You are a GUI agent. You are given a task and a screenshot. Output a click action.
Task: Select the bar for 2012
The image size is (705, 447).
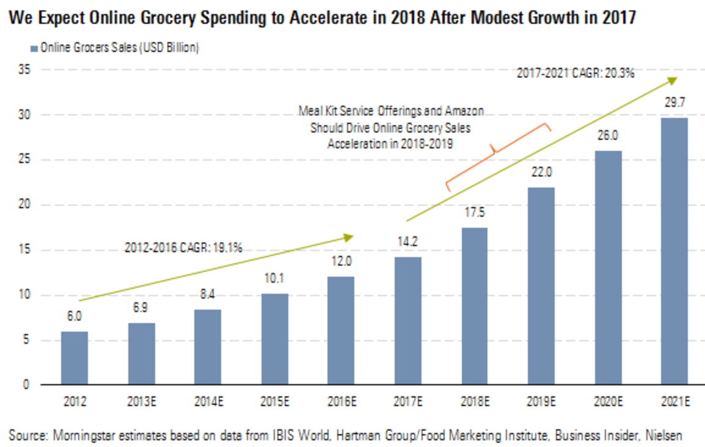click(x=75, y=358)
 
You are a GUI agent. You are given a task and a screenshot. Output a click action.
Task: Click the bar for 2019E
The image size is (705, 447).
click(x=541, y=286)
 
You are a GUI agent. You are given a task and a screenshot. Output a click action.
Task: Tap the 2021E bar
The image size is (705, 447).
click(x=674, y=251)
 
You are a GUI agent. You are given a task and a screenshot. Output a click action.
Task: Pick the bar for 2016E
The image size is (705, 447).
click(x=341, y=330)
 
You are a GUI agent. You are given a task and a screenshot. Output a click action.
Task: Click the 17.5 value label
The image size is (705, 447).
click(x=475, y=213)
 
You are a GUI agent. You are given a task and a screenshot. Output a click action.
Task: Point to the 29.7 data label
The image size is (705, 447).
click(x=675, y=103)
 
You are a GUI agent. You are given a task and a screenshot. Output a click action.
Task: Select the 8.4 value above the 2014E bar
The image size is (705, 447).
click(x=207, y=294)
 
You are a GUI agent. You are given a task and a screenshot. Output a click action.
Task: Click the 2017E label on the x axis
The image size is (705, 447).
click(x=408, y=401)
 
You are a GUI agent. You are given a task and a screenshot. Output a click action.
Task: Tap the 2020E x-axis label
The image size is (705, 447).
click(x=608, y=401)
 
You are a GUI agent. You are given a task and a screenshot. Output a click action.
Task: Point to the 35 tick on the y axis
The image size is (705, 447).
click(x=24, y=70)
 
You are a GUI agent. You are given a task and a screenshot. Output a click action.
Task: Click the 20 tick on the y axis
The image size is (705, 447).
click(x=24, y=205)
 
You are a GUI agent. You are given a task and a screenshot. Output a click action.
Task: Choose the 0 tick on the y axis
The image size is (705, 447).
click(x=26, y=385)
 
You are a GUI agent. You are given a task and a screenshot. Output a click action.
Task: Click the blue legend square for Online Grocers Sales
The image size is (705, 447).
click(x=34, y=48)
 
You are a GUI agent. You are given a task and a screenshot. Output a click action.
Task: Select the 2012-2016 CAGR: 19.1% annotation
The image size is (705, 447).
click(x=183, y=247)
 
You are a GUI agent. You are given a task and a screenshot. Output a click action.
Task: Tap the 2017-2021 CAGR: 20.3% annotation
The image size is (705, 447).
click(x=575, y=73)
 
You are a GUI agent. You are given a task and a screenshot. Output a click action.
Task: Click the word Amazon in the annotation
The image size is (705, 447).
click(x=464, y=111)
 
